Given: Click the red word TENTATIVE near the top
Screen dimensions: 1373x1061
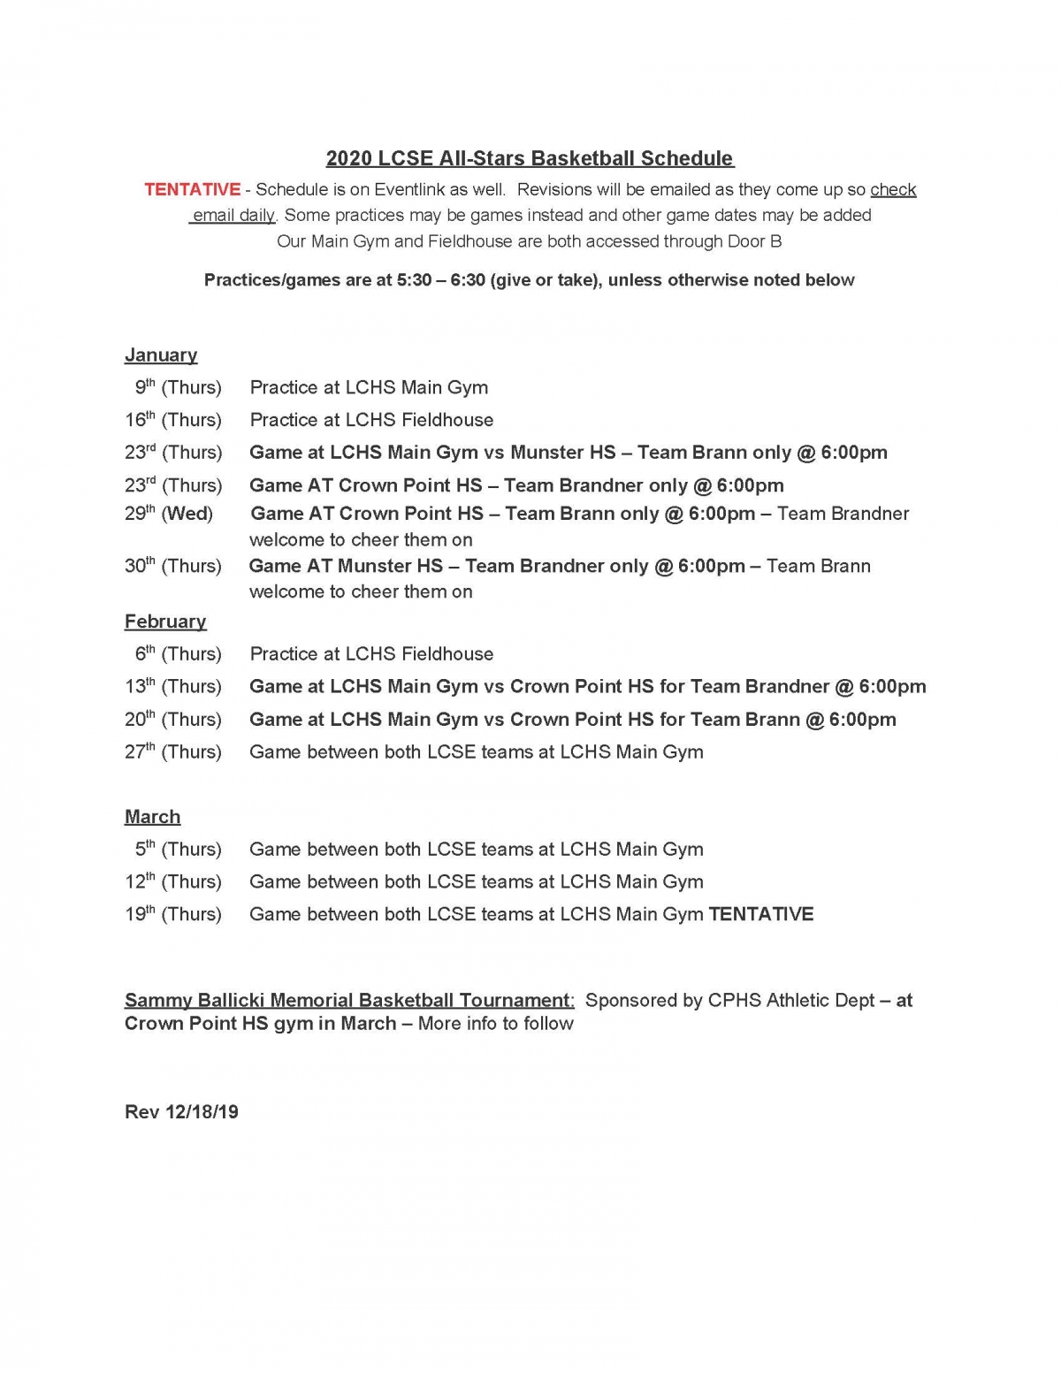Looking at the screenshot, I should pyautogui.click(x=192, y=189).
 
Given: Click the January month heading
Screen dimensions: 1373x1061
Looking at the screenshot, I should pyautogui.click(x=161, y=355).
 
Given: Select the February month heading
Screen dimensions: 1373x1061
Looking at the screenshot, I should pyautogui.click(x=165, y=622).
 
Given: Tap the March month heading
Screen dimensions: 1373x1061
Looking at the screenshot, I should pyautogui.click(x=152, y=817).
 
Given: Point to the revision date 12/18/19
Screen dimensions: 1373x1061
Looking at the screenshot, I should pyautogui.click(x=202, y=1111).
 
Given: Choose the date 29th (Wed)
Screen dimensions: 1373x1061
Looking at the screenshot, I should pyautogui.click(x=168, y=514).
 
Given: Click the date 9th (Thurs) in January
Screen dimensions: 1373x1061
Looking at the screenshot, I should pyautogui.click(x=178, y=387).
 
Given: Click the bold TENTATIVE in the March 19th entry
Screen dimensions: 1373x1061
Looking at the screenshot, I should pyautogui.click(x=761, y=914).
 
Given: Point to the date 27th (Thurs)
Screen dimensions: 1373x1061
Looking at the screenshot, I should pyautogui.click(x=173, y=751).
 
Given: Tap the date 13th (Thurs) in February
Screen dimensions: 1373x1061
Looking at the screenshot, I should pyautogui.click(x=173, y=686).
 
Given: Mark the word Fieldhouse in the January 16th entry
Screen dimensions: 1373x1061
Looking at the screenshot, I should pyautogui.click(x=447, y=420).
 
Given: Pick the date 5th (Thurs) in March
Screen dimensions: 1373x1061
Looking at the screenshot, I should pyautogui.click(x=178, y=849).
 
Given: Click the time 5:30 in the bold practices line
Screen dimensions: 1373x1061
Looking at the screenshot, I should pyautogui.click(x=416, y=280).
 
